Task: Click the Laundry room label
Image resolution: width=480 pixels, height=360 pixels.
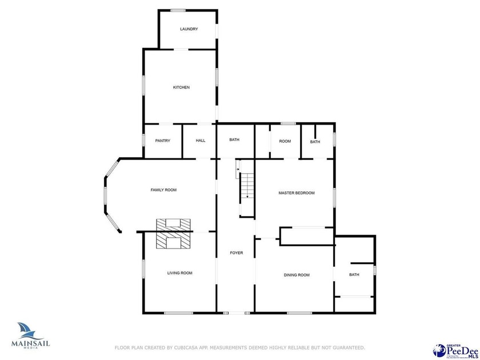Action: (189, 29)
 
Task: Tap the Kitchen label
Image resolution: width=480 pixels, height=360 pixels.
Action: (181, 87)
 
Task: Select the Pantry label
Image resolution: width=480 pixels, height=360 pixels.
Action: (163, 141)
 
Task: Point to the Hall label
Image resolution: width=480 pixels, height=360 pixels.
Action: (201, 141)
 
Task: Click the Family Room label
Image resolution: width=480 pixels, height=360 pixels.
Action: (163, 190)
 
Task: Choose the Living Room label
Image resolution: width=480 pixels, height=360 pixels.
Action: (179, 273)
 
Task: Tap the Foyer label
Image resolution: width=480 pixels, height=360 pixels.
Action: (236, 253)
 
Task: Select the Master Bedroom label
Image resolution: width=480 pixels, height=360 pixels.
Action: (296, 193)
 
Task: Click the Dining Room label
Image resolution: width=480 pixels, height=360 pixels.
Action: (297, 275)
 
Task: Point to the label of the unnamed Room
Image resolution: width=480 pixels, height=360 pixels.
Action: (285, 141)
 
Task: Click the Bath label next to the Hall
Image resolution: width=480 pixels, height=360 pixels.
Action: (234, 140)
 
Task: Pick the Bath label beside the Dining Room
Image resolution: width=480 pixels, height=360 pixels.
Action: (354, 275)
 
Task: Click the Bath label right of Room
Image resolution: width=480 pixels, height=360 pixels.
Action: (315, 142)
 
